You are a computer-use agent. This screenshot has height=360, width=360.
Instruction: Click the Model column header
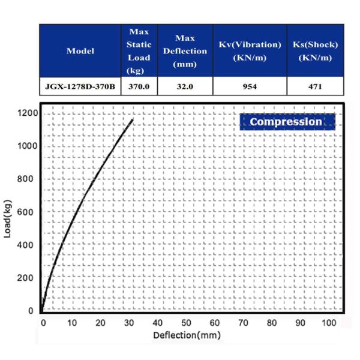coord(80,51)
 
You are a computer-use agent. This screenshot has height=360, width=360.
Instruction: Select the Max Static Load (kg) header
coord(139,51)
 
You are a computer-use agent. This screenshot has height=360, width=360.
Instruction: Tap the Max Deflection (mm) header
coord(185,51)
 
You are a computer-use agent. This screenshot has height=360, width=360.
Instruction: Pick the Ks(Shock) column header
coord(315,51)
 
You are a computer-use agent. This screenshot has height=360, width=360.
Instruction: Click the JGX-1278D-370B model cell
coord(80,86)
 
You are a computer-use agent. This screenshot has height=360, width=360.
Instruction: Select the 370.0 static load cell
coord(139,86)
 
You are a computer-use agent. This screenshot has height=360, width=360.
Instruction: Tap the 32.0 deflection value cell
coord(185,86)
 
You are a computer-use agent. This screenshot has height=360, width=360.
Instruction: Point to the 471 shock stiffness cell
coord(315,86)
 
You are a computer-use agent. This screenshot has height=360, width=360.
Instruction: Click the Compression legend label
coord(286,122)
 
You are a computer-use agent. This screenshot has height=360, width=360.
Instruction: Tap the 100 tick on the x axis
coord(329,323)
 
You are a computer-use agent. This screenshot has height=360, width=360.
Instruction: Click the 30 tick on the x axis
coord(130,323)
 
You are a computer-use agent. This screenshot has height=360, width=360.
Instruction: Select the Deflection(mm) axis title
coord(187,335)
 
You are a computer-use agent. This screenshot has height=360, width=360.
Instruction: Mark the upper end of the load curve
coord(133,120)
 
